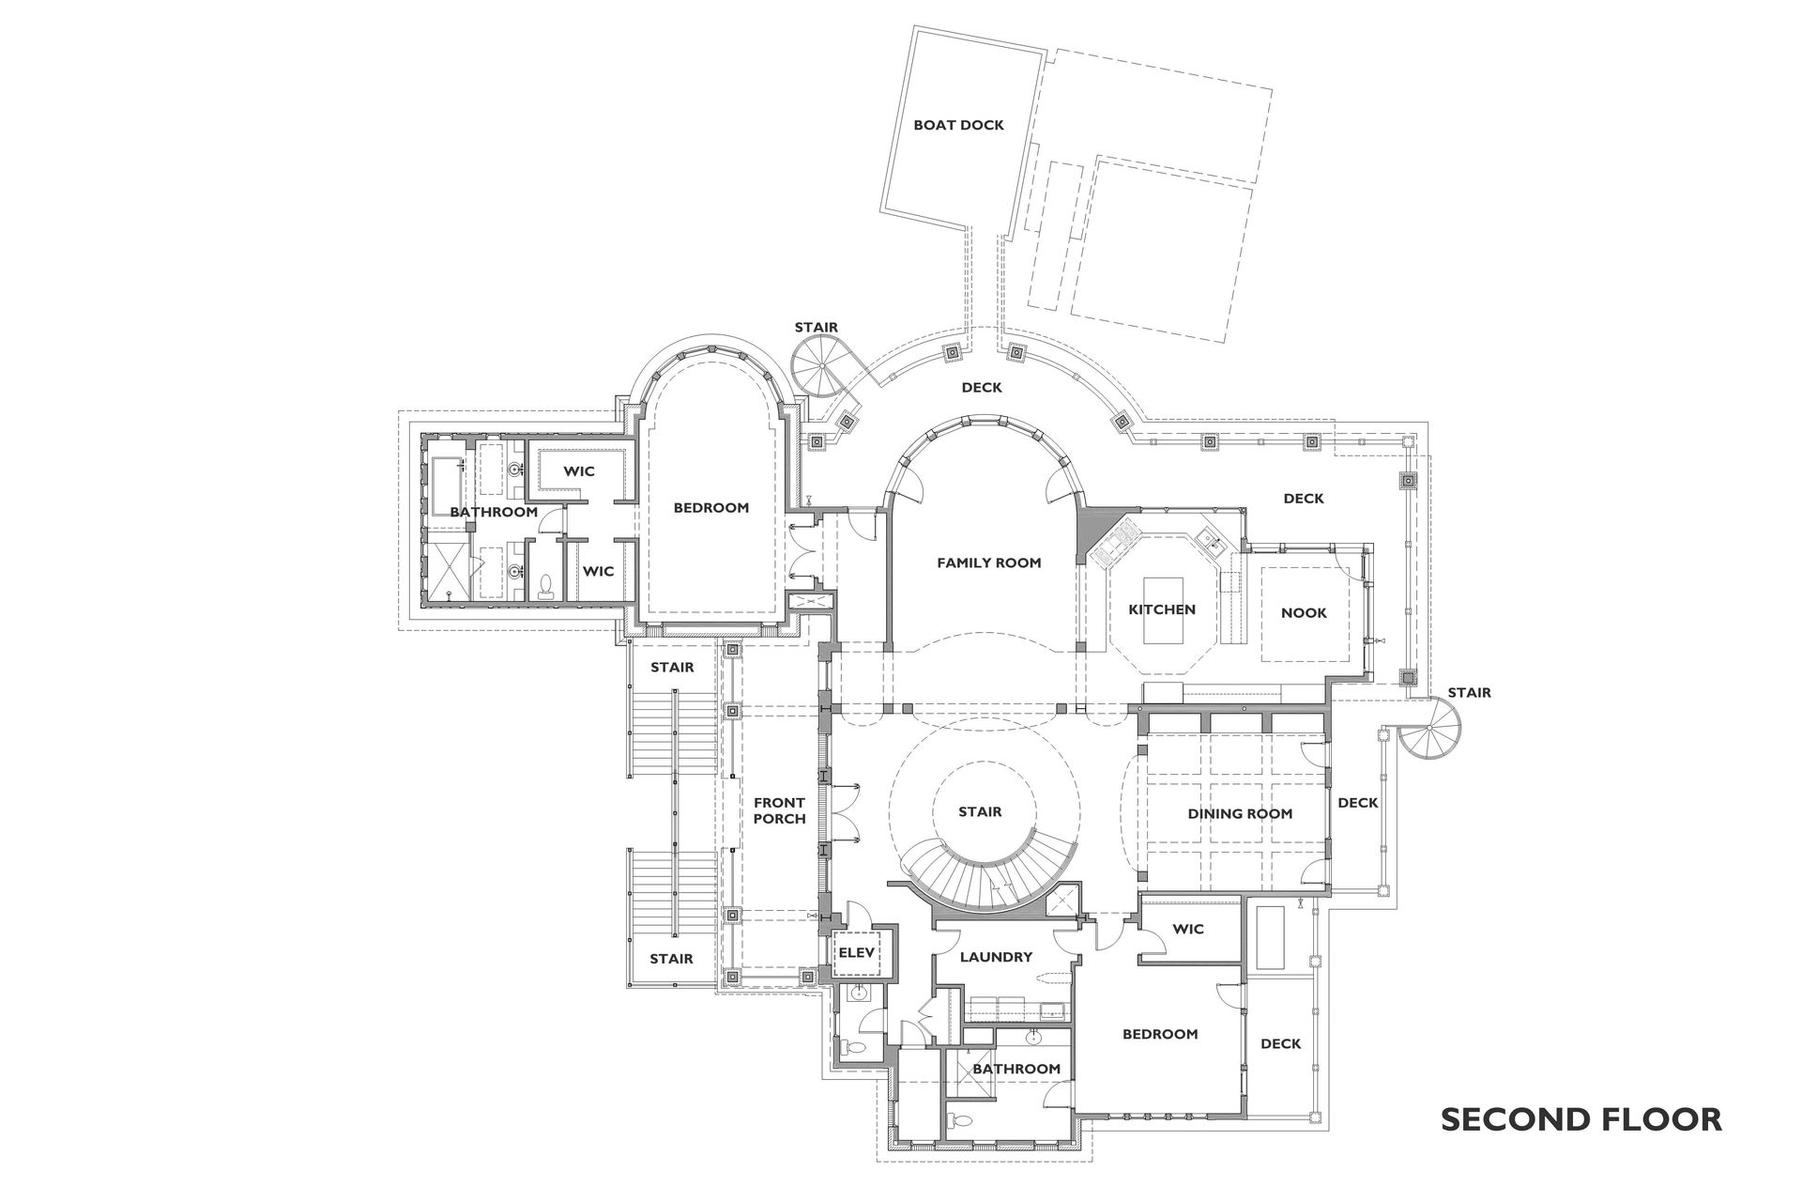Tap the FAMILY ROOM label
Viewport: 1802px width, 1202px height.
coord(988,563)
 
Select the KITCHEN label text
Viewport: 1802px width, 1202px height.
coord(1161,609)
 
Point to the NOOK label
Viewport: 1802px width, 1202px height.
coord(1304,613)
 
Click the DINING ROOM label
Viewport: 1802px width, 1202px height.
coord(1240,814)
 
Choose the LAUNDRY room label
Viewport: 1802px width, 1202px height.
coord(996,958)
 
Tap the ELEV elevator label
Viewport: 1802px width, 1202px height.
coord(856,952)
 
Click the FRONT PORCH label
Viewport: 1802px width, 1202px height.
coord(779,810)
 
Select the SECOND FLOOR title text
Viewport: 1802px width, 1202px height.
coord(1581,1119)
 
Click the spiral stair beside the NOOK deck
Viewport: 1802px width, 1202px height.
coord(1433,732)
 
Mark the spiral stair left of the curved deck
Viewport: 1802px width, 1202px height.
coord(817,367)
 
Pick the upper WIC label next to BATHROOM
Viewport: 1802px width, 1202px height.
coord(579,471)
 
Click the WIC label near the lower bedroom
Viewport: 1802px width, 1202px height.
coord(1187,930)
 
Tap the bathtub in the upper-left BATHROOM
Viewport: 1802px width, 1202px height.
coord(447,485)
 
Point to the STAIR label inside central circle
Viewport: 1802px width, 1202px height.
coord(980,812)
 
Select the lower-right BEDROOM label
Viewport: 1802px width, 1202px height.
coord(1160,1035)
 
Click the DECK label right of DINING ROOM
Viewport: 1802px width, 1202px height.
coord(1357,803)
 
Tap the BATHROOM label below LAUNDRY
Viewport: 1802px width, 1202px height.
coord(1016,1070)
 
